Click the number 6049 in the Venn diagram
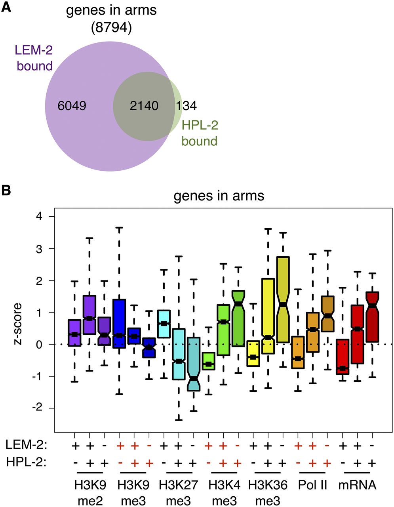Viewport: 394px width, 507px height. click(x=72, y=106)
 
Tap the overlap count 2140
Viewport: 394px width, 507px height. click(x=144, y=106)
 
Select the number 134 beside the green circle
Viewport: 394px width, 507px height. click(x=186, y=106)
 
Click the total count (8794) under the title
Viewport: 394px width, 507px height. click(x=111, y=27)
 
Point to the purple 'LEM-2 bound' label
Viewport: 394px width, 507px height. click(x=34, y=57)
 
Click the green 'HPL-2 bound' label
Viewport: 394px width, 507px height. click(x=200, y=133)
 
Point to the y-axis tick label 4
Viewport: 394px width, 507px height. click(x=40, y=216)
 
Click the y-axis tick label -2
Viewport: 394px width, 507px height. click(x=38, y=408)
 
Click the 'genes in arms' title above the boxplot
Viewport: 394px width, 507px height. click(x=219, y=196)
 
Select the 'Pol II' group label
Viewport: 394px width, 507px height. click(x=313, y=485)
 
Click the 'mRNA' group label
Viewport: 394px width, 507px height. click(x=357, y=485)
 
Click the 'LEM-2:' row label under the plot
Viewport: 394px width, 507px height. click(x=26, y=446)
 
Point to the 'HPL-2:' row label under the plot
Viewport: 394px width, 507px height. click(x=26, y=463)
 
